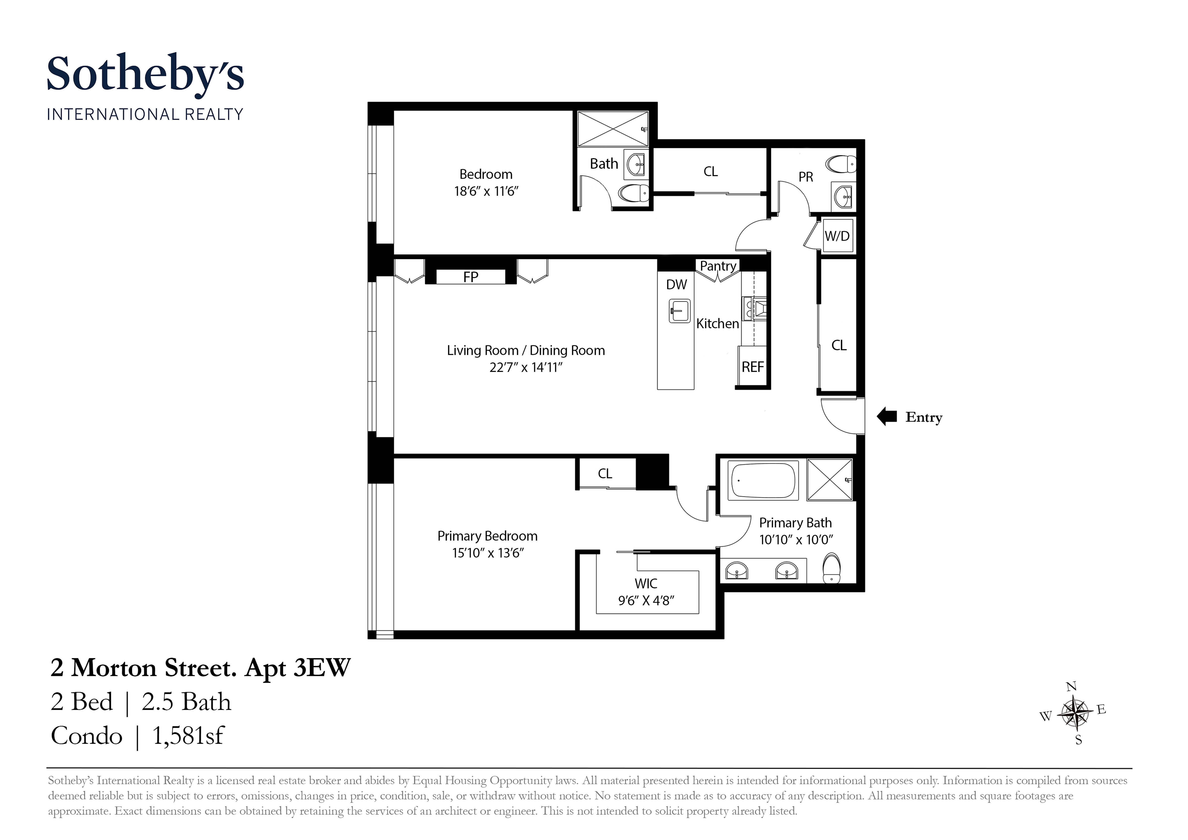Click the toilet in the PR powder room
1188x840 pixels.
[x=841, y=165]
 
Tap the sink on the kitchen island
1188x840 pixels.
[x=679, y=311]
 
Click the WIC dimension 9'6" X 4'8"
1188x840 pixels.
[x=646, y=600]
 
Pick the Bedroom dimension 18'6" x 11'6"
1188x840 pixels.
[x=486, y=191]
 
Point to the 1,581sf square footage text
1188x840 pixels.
[x=188, y=735]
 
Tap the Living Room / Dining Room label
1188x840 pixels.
[x=526, y=350]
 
